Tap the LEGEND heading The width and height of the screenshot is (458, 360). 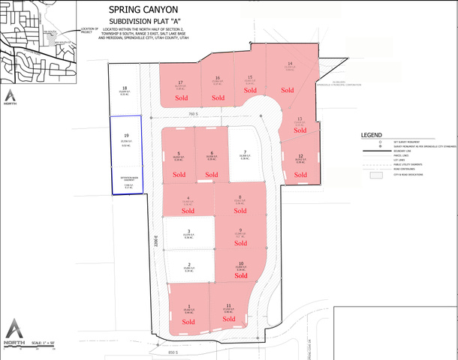pyautogui.click(x=372, y=135)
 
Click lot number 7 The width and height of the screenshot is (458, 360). pyautogui.click(x=245, y=151)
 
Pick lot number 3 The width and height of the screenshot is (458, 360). pyautogui.click(x=188, y=231)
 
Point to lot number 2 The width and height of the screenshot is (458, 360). pyautogui.click(x=188, y=264)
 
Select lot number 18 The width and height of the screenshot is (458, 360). pyautogui.click(x=125, y=88)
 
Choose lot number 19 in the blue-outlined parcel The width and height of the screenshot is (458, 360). pyautogui.click(x=125, y=136)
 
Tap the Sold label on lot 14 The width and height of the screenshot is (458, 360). pyautogui.click(x=288, y=90)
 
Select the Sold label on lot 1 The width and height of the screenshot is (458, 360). pyautogui.click(x=188, y=322)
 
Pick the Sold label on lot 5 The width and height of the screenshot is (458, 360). pyautogui.click(x=179, y=174)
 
